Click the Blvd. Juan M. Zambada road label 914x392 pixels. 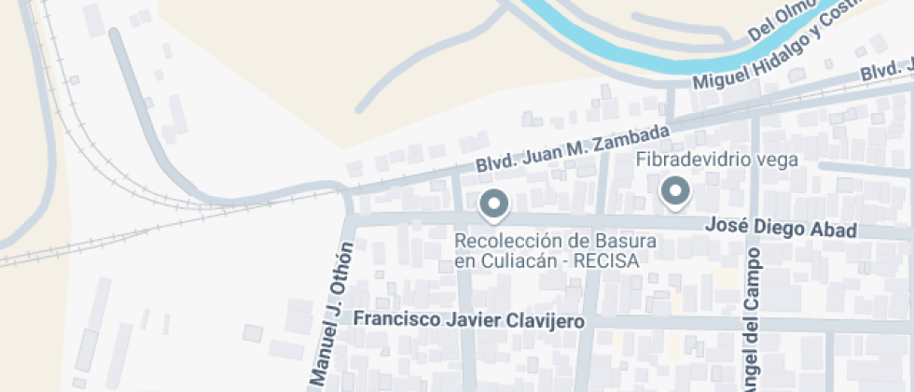point(573,147)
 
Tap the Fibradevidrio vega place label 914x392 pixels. point(717,160)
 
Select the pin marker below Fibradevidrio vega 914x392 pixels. point(673,192)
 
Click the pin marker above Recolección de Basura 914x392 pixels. point(494,204)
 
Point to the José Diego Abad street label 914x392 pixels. point(782,227)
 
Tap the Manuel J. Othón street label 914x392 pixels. point(333,314)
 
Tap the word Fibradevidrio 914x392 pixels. point(682,160)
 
